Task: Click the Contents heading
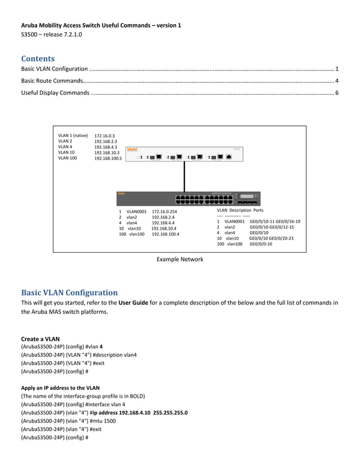(38, 59)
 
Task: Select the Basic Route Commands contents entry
(52, 81)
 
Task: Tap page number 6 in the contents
(336, 93)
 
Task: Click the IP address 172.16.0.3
(104, 136)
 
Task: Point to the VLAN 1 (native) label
(73, 135)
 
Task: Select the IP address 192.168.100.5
(108, 159)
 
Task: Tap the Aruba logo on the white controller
(132, 150)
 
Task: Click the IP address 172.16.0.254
(164, 212)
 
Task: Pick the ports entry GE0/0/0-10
(260, 244)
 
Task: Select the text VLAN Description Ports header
(240, 210)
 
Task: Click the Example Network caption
(179, 260)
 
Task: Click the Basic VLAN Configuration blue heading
(69, 292)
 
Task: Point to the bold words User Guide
(133, 302)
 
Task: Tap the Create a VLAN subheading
(40, 338)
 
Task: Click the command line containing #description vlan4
(78, 355)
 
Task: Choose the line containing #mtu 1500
(68, 421)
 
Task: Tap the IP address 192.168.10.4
(163, 228)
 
